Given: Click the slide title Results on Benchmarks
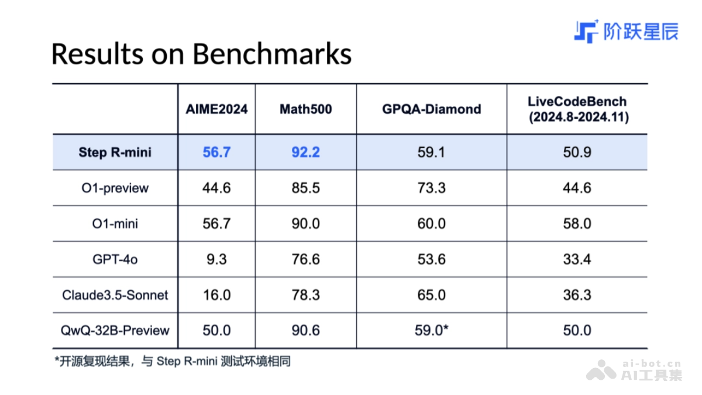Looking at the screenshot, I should click(x=201, y=54).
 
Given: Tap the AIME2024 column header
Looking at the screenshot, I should click(x=216, y=109).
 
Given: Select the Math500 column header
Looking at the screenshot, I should click(x=305, y=109).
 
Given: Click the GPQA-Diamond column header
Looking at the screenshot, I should click(x=431, y=109).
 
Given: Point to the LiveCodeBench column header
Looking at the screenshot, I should click(x=577, y=109).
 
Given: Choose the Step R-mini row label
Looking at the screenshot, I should click(x=115, y=153).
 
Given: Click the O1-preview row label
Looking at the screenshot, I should click(x=115, y=188).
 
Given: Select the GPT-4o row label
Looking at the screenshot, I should click(x=115, y=259).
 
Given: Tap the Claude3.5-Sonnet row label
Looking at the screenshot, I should click(x=115, y=295).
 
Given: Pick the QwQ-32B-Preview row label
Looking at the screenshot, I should click(x=115, y=331).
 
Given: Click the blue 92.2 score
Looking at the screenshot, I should click(x=305, y=153).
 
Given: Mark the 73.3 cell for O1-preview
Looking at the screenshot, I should click(x=431, y=188).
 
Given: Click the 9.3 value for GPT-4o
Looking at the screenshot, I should click(x=216, y=259).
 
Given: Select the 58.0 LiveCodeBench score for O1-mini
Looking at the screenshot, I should click(x=577, y=224).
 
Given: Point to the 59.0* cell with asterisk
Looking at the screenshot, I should click(x=431, y=331).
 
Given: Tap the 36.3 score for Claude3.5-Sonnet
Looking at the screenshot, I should click(x=577, y=295).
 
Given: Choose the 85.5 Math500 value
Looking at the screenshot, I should click(x=305, y=188).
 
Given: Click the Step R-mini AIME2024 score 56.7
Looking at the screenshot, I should click(x=216, y=153).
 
